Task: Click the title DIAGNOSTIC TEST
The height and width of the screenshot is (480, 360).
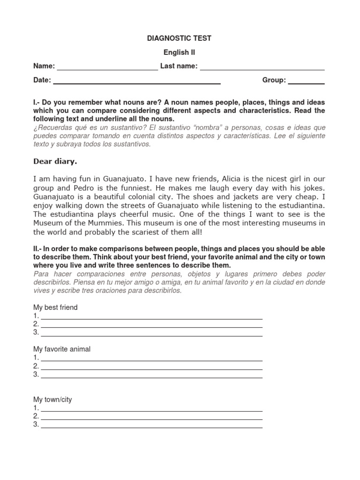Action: [180, 38]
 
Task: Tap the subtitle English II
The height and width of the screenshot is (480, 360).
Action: [180, 52]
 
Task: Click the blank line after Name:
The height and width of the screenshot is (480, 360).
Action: [107, 67]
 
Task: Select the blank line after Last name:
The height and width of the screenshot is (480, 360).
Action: [262, 67]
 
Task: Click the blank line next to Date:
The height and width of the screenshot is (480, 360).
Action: [137, 82]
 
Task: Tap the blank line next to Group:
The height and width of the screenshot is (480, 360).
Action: [306, 82]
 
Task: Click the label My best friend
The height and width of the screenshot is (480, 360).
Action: [55, 307]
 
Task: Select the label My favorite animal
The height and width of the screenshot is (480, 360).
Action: [62, 349]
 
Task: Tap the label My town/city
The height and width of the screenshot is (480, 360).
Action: [52, 400]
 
